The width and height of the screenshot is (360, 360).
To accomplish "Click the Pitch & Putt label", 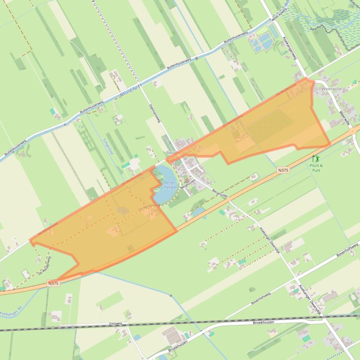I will pyautogui.click(x=317, y=168).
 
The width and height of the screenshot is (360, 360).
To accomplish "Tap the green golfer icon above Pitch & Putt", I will pyautogui.click(x=316, y=158).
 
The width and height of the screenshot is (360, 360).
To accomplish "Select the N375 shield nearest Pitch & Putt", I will pyautogui.click(x=283, y=170).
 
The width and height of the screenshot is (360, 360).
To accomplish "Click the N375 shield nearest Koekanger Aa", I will pyautogui.click(x=54, y=283).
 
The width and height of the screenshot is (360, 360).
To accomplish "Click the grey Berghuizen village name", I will pyautogui.click(x=178, y=153).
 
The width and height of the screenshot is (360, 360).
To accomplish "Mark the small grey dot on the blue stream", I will pyautogui.click(x=171, y=295).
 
